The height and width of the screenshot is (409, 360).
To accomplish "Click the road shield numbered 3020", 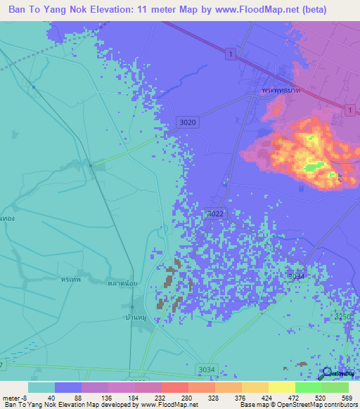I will click(188, 122).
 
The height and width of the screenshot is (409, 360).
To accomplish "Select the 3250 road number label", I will click(343, 317).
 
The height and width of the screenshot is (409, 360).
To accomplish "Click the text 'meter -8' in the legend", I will click(14, 397).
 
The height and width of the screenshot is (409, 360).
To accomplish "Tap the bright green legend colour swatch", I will click(308, 387).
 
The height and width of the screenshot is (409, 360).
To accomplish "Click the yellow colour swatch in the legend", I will click(255, 387).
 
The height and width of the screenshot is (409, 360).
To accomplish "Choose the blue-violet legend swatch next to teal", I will click(68, 387).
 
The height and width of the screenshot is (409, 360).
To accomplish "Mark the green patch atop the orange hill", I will click(314, 167).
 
